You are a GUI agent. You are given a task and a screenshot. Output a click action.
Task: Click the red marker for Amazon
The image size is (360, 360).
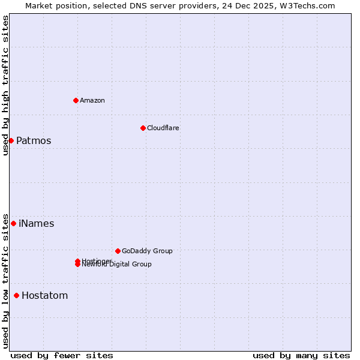pyautogui.click(x=76, y=100)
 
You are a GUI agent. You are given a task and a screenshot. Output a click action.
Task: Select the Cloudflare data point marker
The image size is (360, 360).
pyautogui.click(x=143, y=128)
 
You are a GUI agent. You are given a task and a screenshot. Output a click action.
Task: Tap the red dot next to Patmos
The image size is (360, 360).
pyautogui.click(x=11, y=140)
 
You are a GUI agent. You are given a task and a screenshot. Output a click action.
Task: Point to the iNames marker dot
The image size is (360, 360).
pyautogui.click(x=13, y=223)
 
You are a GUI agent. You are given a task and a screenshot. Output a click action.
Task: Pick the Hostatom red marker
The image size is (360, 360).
pyautogui.click(x=16, y=295)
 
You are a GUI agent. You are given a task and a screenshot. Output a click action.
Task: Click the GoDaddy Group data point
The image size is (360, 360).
pyautogui.click(x=118, y=251)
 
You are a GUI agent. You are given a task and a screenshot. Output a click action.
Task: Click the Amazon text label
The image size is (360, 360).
pyautogui.click(x=92, y=100)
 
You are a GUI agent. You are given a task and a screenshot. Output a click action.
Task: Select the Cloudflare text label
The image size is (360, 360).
pyautogui.click(x=163, y=128)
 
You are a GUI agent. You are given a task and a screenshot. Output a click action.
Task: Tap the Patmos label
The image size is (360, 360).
pyautogui.click(x=34, y=141)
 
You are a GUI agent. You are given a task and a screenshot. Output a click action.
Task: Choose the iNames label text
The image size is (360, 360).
pyautogui.click(x=37, y=224)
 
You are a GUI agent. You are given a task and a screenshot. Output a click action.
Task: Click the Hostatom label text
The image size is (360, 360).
pyautogui.click(x=45, y=296)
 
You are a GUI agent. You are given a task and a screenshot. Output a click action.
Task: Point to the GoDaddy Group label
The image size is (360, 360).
pyautogui.click(x=147, y=251)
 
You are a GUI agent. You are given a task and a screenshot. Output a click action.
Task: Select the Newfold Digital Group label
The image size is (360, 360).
pyautogui.click(x=118, y=265)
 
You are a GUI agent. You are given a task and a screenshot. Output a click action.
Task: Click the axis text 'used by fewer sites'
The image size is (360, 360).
pyautogui.click(x=62, y=355)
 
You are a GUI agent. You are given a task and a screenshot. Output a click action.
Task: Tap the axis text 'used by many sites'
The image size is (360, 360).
pyautogui.click(x=301, y=355)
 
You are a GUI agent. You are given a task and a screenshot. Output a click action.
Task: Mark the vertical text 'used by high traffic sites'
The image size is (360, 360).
pyautogui.click(x=5, y=85)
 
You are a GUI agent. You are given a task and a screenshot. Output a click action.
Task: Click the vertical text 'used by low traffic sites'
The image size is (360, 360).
pyautogui.click(x=5, y=281)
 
